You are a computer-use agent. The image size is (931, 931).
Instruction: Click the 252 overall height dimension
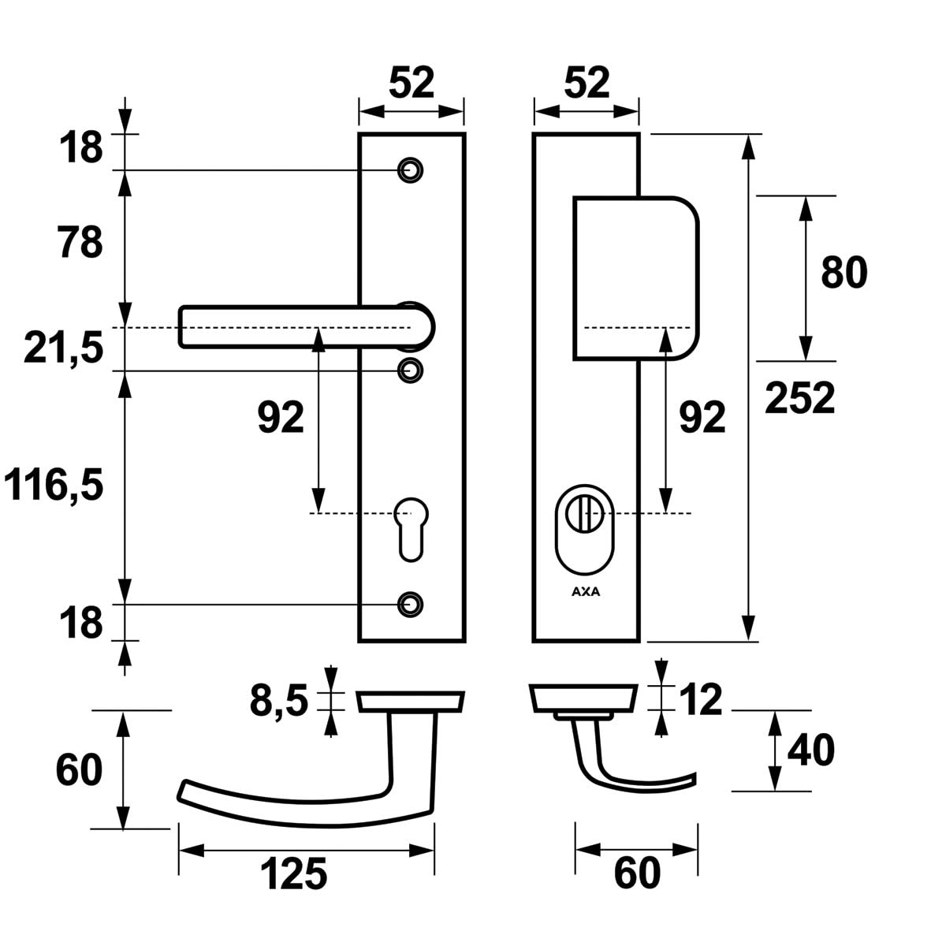(799, 398)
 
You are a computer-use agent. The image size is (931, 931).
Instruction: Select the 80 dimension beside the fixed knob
(843, 273)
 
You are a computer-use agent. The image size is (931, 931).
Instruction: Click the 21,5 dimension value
(63, 348)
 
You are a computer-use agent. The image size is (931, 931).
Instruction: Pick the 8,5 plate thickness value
(278, 700)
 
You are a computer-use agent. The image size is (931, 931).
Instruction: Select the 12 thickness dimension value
(698, 700)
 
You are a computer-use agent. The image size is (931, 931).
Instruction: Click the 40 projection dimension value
(810, 750)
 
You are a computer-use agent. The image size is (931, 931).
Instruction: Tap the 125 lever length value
(293, 875)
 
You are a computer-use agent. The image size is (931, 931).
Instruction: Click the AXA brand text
(585, 592)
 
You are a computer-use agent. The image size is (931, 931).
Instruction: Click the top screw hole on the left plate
(410, 169)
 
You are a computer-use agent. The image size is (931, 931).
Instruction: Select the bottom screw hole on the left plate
(410, 604)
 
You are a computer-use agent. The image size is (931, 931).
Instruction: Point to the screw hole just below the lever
(410, 369)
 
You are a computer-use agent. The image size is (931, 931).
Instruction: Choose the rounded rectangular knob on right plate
(635, 277)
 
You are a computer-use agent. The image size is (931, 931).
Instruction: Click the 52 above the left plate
(412, 83)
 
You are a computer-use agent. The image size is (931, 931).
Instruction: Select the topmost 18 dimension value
(80, 147)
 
